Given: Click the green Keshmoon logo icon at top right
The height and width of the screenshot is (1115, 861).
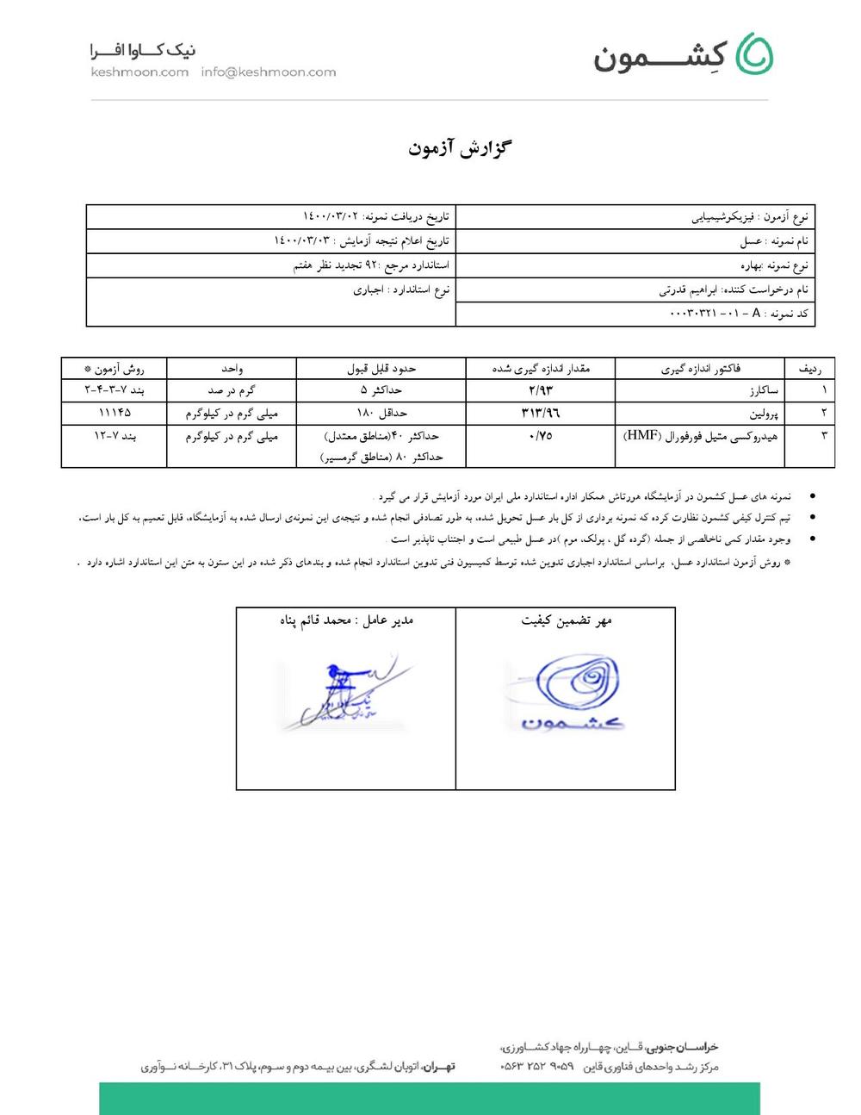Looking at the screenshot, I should click(x=755, y=53).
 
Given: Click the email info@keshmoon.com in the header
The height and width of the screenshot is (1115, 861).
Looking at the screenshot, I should click(x=269, y=72).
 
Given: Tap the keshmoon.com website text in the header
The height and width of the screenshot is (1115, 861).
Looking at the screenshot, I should click(x=139, y=72).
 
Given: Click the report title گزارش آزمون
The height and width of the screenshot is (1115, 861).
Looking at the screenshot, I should click(x=460, y=148).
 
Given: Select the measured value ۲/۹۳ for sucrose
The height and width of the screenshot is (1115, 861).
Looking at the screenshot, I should click(x=541, y=391).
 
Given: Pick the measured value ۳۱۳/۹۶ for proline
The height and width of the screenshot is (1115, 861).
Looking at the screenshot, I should click(x=541, y=414).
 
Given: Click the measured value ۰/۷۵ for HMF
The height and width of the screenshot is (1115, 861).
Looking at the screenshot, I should click(x=541, y=436).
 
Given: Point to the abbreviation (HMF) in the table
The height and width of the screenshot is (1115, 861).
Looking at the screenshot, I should click(x=641, y=436).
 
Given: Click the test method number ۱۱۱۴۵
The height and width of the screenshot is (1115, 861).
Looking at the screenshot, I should click(x=115, y=414).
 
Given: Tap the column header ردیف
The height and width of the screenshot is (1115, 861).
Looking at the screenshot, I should click(x=809, y=369).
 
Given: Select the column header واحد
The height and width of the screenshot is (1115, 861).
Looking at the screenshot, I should click(x=232, y=369).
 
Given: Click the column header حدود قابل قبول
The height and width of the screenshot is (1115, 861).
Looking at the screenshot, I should click(x=381, y=369).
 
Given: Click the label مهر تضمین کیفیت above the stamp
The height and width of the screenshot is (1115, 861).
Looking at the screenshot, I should click(x=566, y=620).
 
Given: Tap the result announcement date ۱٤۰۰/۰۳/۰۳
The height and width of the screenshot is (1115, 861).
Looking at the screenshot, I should click(x=301, y=241).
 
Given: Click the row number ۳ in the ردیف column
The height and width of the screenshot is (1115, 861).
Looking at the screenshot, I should click(x=824, y=436).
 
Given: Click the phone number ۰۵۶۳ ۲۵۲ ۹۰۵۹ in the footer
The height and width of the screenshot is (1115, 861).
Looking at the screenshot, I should click(x=536, y=1067).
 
